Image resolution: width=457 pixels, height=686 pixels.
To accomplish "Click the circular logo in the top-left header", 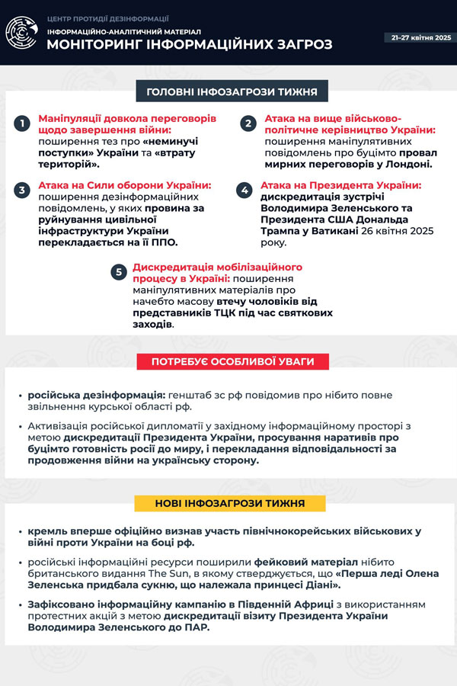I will click(21, 33).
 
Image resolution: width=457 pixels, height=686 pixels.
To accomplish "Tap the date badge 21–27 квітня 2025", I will click(421, 37).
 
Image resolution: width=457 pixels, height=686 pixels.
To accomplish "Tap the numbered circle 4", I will click(244, 190).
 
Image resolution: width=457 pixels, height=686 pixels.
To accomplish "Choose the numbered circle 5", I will click(118, 272).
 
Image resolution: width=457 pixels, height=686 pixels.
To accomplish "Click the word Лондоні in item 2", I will click(407, 163).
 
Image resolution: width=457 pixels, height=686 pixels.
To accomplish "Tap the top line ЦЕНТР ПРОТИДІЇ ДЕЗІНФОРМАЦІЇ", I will click(107, 18).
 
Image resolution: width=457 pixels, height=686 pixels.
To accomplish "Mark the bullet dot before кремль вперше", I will click(20, 532).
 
